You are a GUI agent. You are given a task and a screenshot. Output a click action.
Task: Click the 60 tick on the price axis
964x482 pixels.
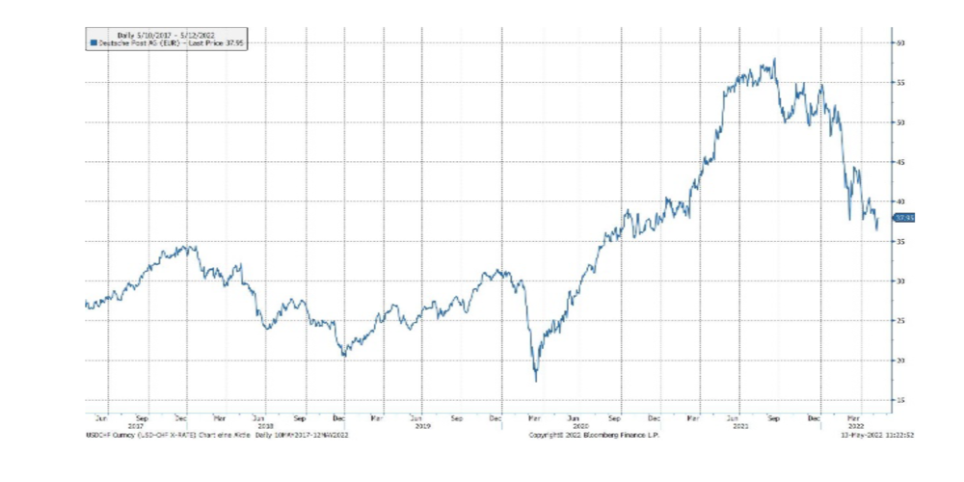tap(903, 43)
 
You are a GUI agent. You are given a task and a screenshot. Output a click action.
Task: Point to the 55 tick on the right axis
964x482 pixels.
tap(903, 83)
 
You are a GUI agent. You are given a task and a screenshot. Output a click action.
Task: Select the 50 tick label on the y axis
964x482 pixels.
tap(903, 122)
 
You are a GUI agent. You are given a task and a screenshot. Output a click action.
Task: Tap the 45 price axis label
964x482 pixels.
tap(903, 162)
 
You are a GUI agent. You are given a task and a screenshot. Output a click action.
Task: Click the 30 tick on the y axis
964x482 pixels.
tap(903, 281)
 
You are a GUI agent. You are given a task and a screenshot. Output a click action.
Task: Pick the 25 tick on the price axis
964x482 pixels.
tap(903, 320)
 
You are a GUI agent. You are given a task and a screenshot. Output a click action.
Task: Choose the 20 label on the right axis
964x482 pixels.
tap(903, 360)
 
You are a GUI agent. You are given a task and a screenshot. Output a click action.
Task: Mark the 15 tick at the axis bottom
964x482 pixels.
tap(903, 399)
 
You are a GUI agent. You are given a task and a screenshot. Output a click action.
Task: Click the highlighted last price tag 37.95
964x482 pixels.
tap(904, 218)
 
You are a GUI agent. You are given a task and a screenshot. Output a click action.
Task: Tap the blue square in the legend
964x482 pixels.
tap(93, 43)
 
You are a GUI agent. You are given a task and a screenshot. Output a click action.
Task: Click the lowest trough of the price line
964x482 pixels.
tap(536, 381)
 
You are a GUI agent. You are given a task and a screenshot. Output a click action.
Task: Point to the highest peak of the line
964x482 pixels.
tap(774, 59)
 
